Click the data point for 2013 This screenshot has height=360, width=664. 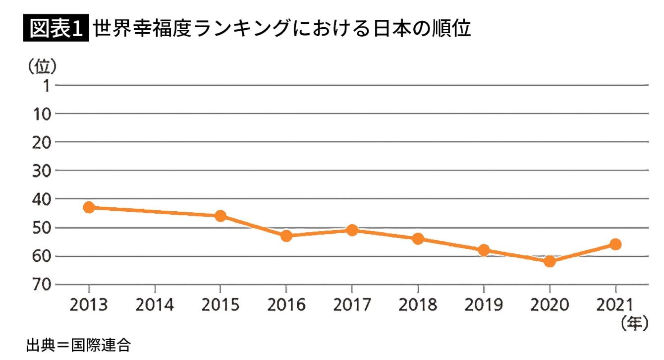[x=89, y=207]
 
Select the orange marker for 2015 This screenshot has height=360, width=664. [x=221, y=216]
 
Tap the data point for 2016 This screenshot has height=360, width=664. [x=286, y=236]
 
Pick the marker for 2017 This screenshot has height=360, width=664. [x=352, y=230]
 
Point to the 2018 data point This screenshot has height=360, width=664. [x=418, y=239]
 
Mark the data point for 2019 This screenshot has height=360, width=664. [x=483, y=250]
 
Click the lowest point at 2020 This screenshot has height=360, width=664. [x=550, y=261]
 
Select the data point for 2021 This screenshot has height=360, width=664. [x=615, y=244]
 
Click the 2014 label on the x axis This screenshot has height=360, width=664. [x=155, y=305]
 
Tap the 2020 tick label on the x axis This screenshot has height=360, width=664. [x=550, y=305]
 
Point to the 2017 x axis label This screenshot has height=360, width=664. [x=352, y=305]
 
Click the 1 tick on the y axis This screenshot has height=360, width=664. [x=46, y=86]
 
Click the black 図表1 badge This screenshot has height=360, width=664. [x=56, y=29]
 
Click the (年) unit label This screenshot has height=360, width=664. [x=634, y=324]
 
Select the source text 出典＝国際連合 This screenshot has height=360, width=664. [x=78, y=346]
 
